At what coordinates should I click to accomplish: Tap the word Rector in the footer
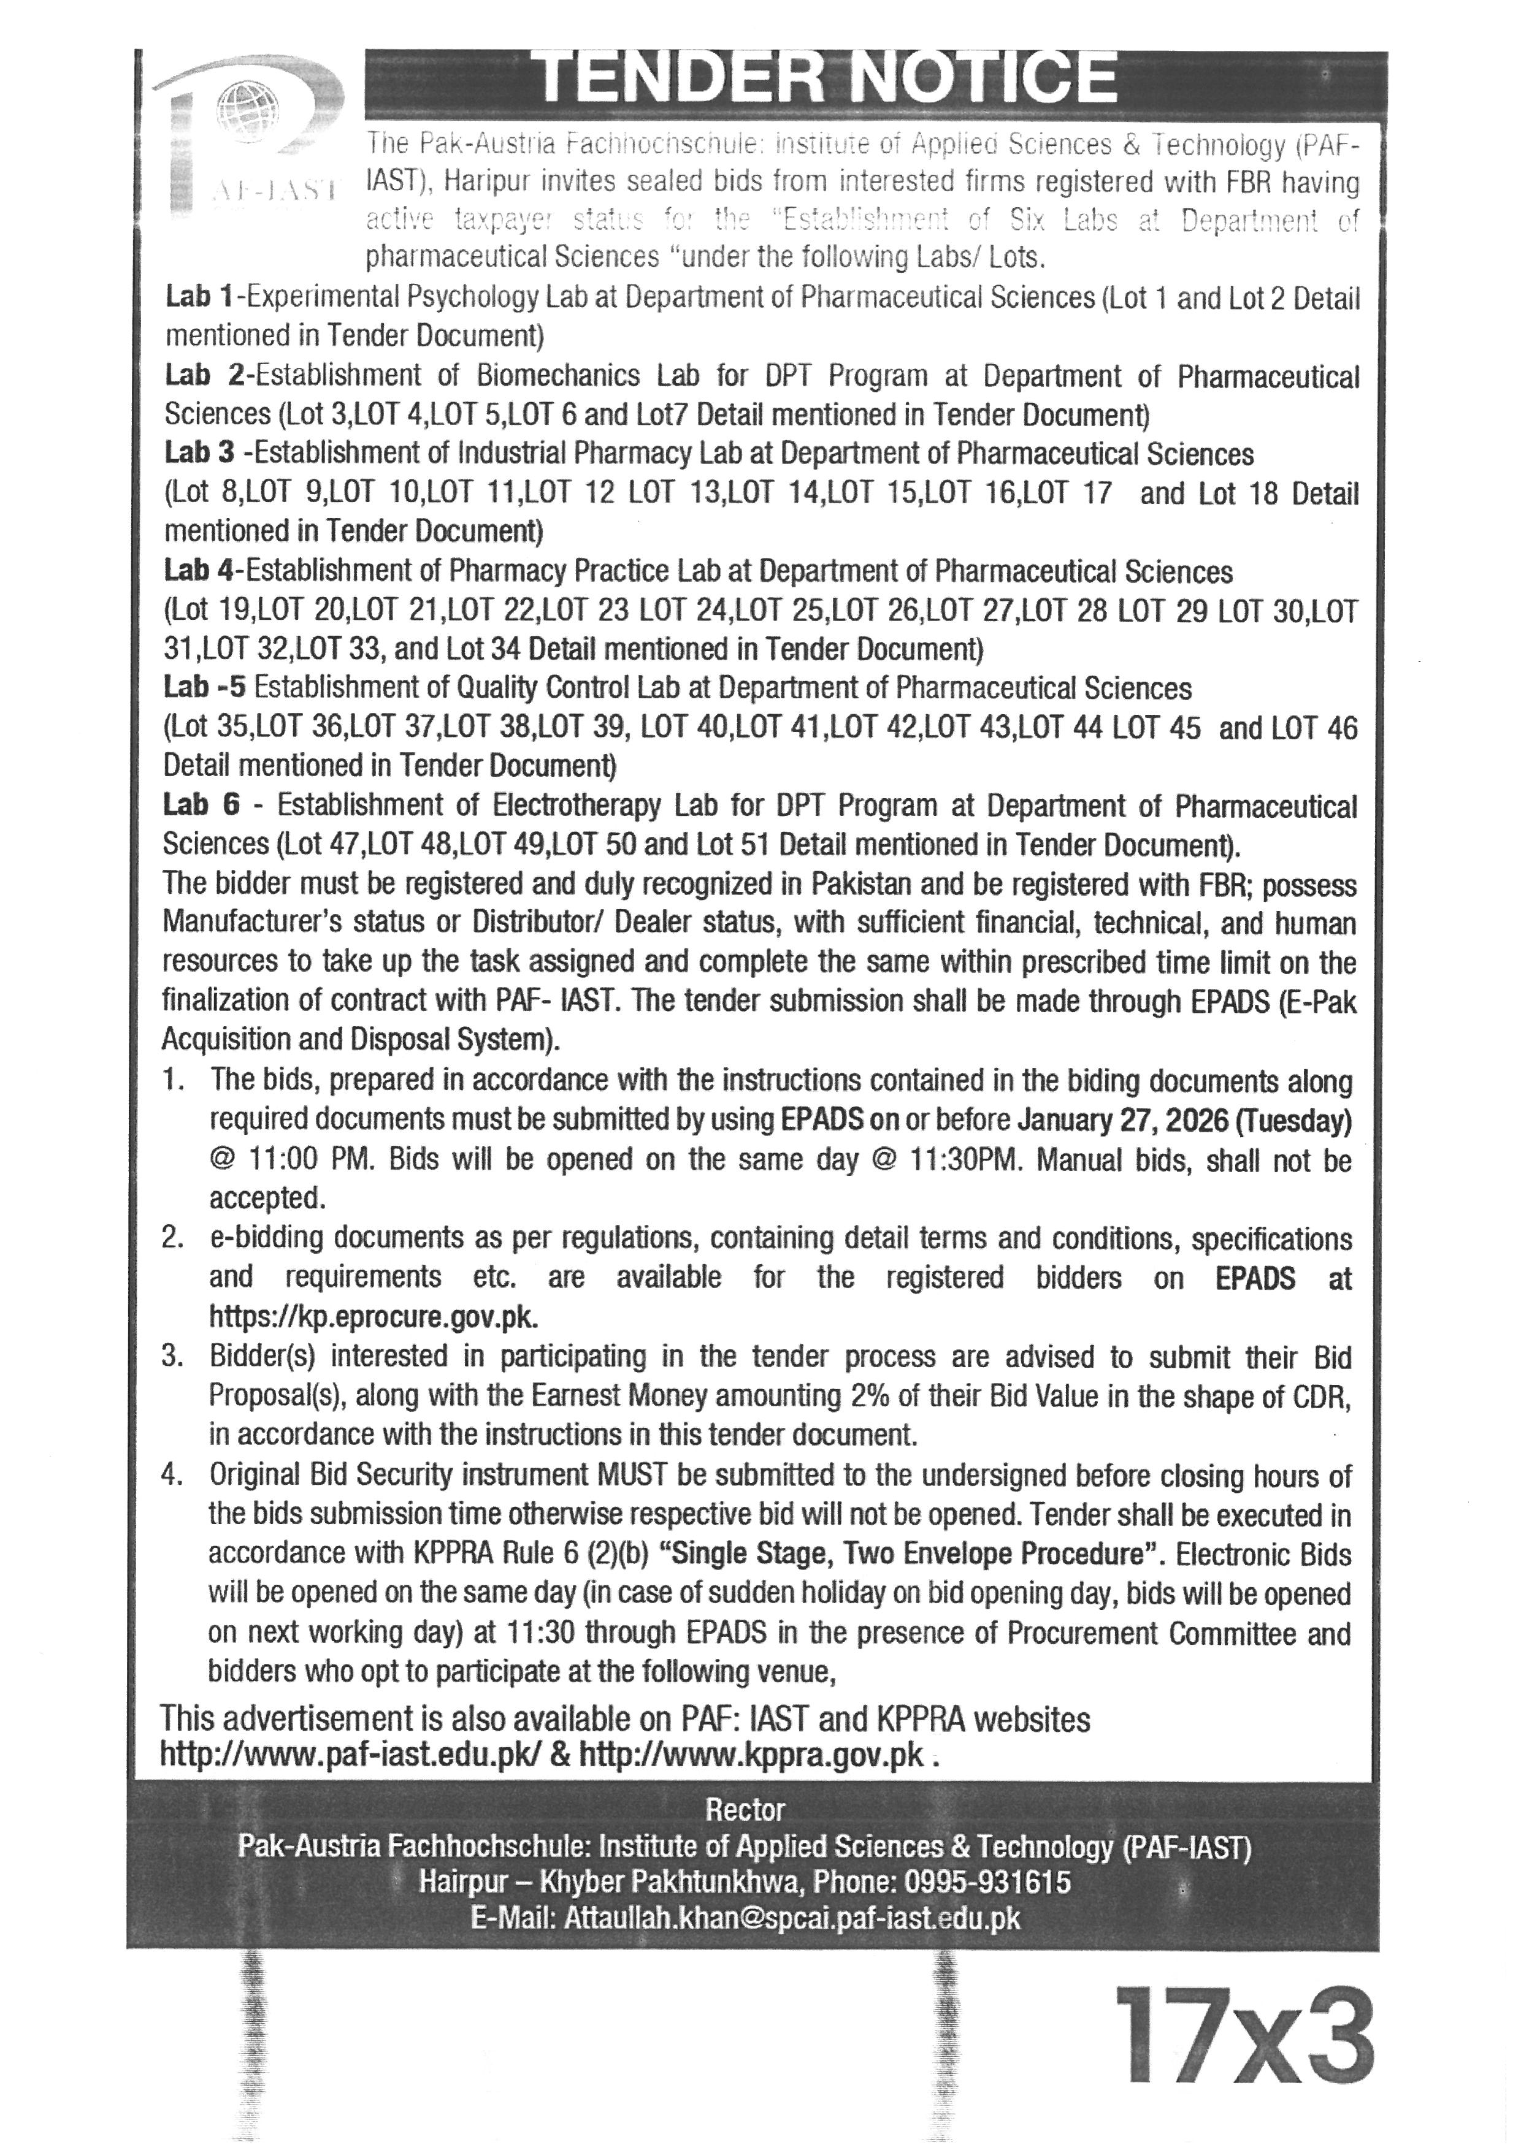[x=745, y=1809]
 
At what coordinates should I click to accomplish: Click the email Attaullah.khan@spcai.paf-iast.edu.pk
[x=791, y=1918]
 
